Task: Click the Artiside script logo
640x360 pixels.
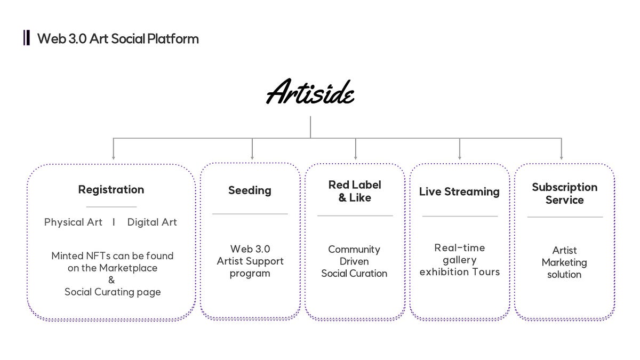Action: point(310,91)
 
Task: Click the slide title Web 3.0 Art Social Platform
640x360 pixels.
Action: point(118,38)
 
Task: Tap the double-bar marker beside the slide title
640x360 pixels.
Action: point(27,38)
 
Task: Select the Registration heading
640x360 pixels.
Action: point(111,189)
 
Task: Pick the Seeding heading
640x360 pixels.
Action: point(250,190)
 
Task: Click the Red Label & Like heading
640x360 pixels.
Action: point(355,191)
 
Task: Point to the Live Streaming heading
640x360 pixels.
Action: point(459,191)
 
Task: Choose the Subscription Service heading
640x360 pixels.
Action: point(565,194)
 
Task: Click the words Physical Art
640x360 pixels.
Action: point(73,222)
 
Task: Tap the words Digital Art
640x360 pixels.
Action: point(152,222)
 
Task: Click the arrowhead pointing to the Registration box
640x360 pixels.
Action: point(114,158)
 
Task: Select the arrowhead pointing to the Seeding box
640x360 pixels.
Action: point(252,158)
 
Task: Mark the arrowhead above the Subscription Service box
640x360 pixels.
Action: point(562,158)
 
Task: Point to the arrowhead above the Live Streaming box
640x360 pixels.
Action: point(459,158)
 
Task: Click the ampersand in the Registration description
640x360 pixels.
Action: point(111,279)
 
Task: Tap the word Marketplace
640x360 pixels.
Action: point(129,268)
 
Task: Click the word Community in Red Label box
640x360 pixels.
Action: point(354,250)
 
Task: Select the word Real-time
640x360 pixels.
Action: point(460,247)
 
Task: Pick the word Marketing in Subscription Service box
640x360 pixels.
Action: point(564,262)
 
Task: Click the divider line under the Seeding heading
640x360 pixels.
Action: point(250,214)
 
